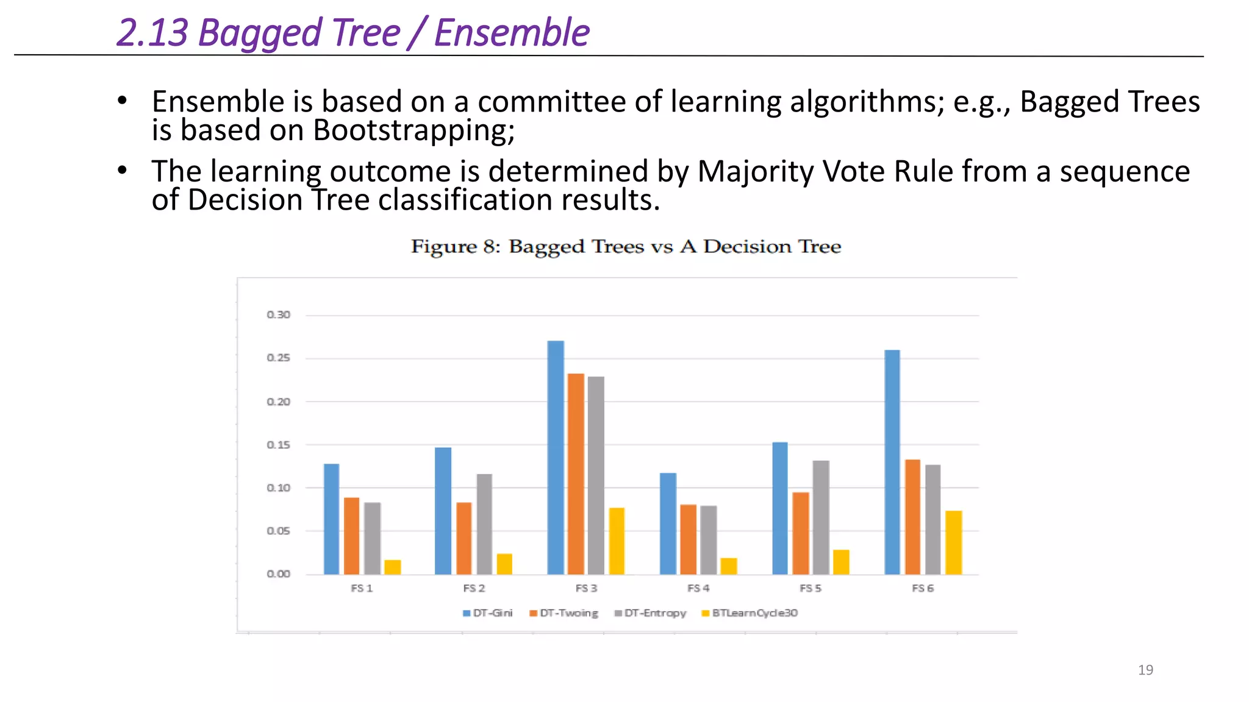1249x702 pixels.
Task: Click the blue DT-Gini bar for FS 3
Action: pyautogui.click(x=556, y=457)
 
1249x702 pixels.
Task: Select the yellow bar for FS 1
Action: pyautogui.click(x=393, y=567)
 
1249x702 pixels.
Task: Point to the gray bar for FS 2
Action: pyautogui.click(x=484, y=524)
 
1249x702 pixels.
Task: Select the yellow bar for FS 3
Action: pyautogui.click(x=617, y=541)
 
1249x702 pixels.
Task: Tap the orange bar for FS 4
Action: pyautogui.click(x=688, y=539)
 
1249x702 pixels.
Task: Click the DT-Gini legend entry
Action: pyautogui.click(x=488, y=613)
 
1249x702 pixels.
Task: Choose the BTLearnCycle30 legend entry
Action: pyautogui.click(x=750, y=613)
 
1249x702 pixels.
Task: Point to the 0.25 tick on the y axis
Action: pyautogui.click(x=279, y=358)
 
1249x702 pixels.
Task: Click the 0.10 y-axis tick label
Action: pyautogui.click(x=279, y=487)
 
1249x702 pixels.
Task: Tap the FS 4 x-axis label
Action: pyautogui.click(x=698, y=588)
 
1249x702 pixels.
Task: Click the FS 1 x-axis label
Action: pyautogui.click(x=362, y=588)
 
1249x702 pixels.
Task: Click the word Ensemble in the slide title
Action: pyautogui.click(x=512, y=33)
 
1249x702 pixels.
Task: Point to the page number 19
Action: pyautogui.click(x=1145, y=670)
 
